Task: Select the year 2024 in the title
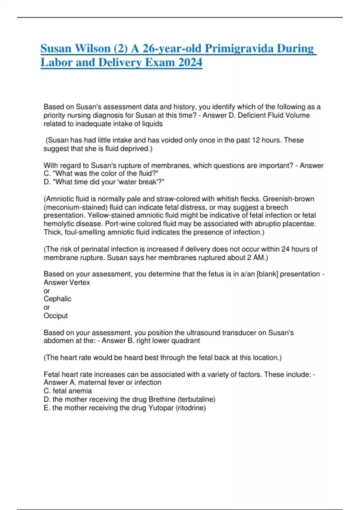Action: [x=190, y=63]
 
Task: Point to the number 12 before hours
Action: [x=256, y=140]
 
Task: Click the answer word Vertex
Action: [x=79, y=282]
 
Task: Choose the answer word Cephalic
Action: [x=57, y=299]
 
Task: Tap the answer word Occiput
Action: [x=55, y=316]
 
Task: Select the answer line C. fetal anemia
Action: [x=68, y=391]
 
